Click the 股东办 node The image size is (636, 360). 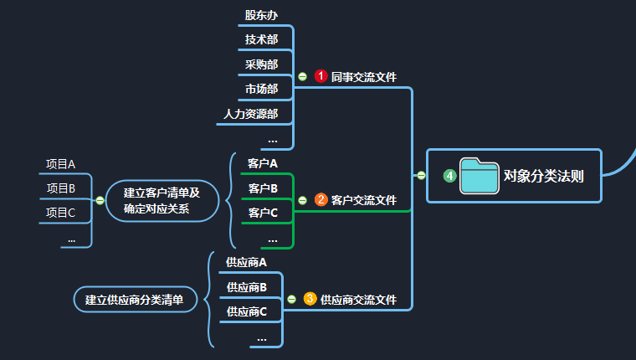click(x=261, y=15)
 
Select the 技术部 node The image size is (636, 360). click(x=261, y=39)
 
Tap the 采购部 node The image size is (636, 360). click(x=261, y=64)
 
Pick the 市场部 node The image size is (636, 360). click(x=261, y=88)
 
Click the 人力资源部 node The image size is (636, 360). click(x=250, y=113)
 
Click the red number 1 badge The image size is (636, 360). click(x=321, y=76)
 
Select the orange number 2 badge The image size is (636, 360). click(x=321, y=200)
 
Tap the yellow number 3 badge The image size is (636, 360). click(x=310, y=299)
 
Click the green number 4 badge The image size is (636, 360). click(x=449, y=176)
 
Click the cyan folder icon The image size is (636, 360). click(x=480, y=176)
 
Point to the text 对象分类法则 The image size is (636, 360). click(x=543, y=177)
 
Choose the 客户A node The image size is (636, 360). click(x=263, y=163)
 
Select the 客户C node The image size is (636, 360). click(x=263, y=213)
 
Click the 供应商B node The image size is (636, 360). click(x=246, y=287)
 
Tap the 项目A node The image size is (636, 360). click(x=60, y=164)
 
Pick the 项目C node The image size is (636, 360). click(x=60, y=213)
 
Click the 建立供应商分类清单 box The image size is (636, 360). click(x=134, y=299)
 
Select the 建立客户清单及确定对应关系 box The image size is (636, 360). click(x=162, y=200)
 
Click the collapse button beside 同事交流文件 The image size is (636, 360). click(x=302, y=76)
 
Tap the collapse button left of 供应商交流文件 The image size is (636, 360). click(x=291, y=299)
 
